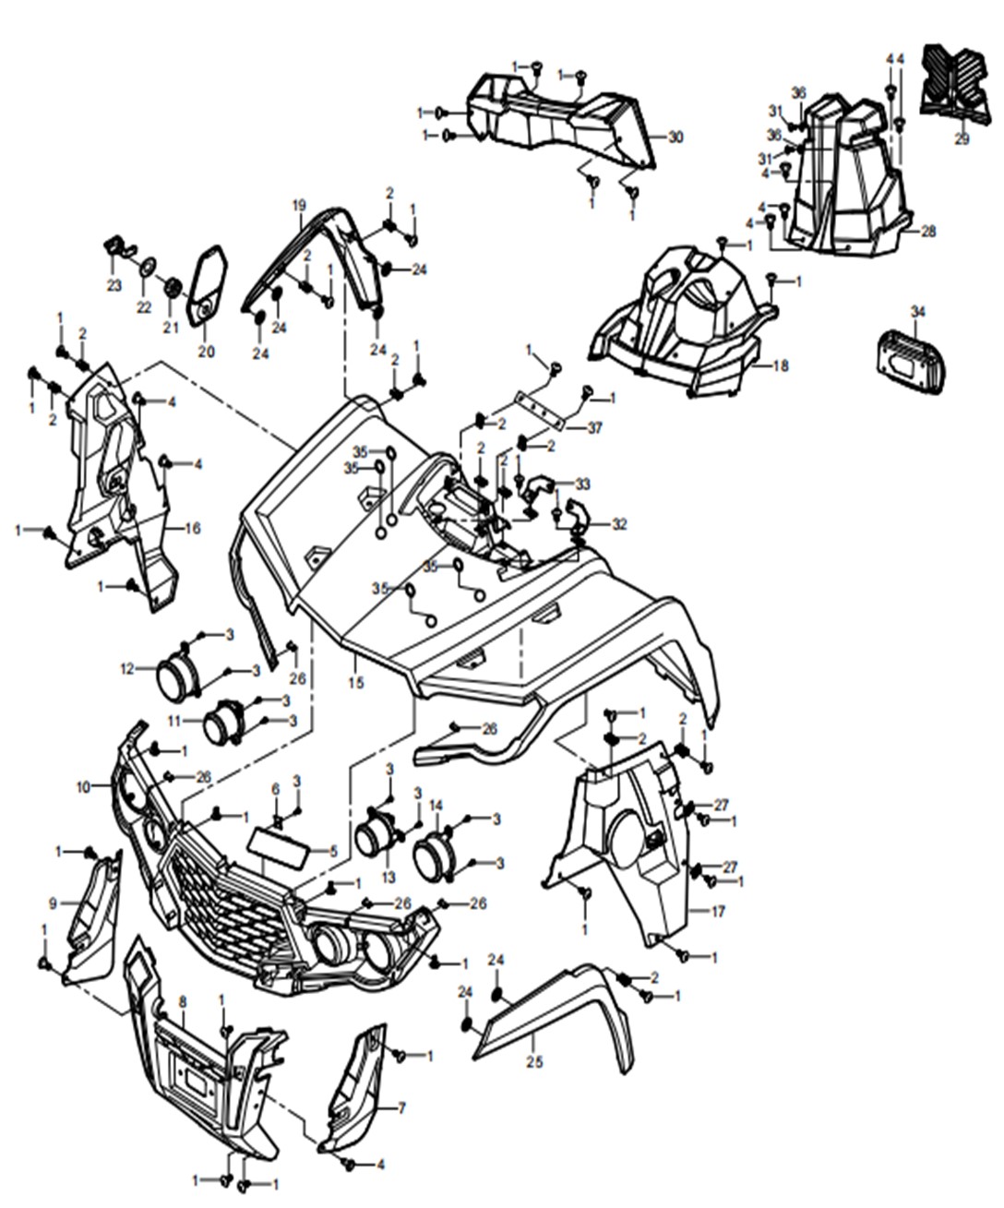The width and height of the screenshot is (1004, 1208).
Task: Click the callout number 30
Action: click(675, 138)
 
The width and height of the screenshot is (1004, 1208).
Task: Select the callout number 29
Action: click(962, 139)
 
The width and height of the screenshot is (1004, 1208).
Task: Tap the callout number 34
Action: click(916, 313)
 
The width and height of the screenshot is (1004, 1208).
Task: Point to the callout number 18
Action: click(781, 366)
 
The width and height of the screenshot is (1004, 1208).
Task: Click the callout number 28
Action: click(928, 231)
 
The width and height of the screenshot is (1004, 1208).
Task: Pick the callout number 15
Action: click(356, 683)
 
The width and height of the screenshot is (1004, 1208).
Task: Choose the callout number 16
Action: click(193, 529)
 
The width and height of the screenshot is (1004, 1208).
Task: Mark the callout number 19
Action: click(298, 205)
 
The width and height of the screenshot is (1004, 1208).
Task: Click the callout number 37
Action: click(594, 428)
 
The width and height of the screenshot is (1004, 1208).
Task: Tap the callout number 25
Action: click(534, 1062)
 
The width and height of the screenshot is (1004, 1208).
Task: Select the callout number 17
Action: click(719, 912)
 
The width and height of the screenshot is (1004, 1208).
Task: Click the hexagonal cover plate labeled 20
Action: click(208, 283)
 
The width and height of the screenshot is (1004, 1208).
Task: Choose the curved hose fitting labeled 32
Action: click(577, 513)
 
